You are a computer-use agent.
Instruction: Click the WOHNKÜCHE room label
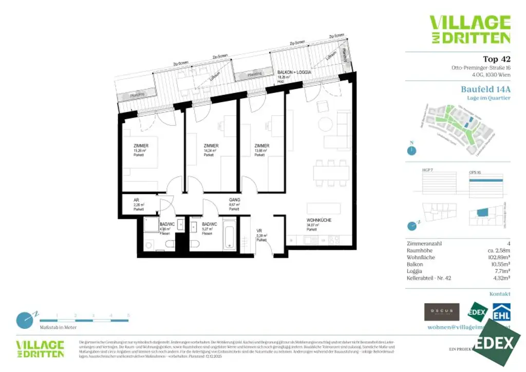pyautogui.click(x=318, y=220)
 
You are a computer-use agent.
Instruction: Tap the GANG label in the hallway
pyautogui.click(x=235, y=200)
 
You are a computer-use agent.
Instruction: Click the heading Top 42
pyautogui.click(x=497, y=59)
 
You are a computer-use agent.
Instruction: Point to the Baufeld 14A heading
pyautogui.click(x=485, y=89)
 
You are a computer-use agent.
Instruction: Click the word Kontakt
pyautogui.click(x=500, y=294)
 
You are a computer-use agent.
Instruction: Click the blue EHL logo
pyautogui.click(x=501, y=312)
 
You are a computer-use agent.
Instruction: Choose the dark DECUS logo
pyautogui.click(x=441, y=312)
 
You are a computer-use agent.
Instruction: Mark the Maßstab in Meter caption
pyautogui.click(x=58, y=327)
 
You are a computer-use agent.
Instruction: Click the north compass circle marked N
pyautogui.click(x=411, y=151)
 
